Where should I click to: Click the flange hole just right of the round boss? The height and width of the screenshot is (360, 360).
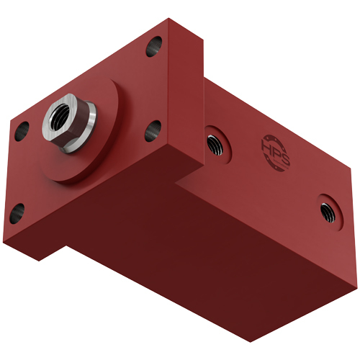click(x=153, y=131)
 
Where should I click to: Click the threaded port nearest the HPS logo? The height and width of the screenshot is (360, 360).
click(x=213, y=143)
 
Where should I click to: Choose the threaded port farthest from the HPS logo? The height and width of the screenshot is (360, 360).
click(x=327, y=208)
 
